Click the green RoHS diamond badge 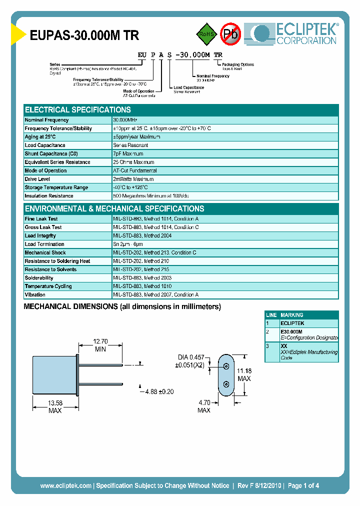(x=206, y=34)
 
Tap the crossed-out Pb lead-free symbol (x=230, y=34)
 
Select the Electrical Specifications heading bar (x=181, y=109)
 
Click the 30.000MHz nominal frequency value (x=125, y=120)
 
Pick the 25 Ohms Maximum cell (x=133, y=162)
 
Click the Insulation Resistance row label (x=49, y=196)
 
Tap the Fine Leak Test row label (x=41, y=219)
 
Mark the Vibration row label (x=35, y=295)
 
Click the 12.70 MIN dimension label (x=100, y=345)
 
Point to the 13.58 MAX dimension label (x=54, y=406)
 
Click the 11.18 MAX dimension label (x=244, y=374)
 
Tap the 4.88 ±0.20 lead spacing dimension (x=159, y=391)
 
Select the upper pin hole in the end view (x=226, y=366)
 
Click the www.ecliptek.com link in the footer (x=65, y=485)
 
